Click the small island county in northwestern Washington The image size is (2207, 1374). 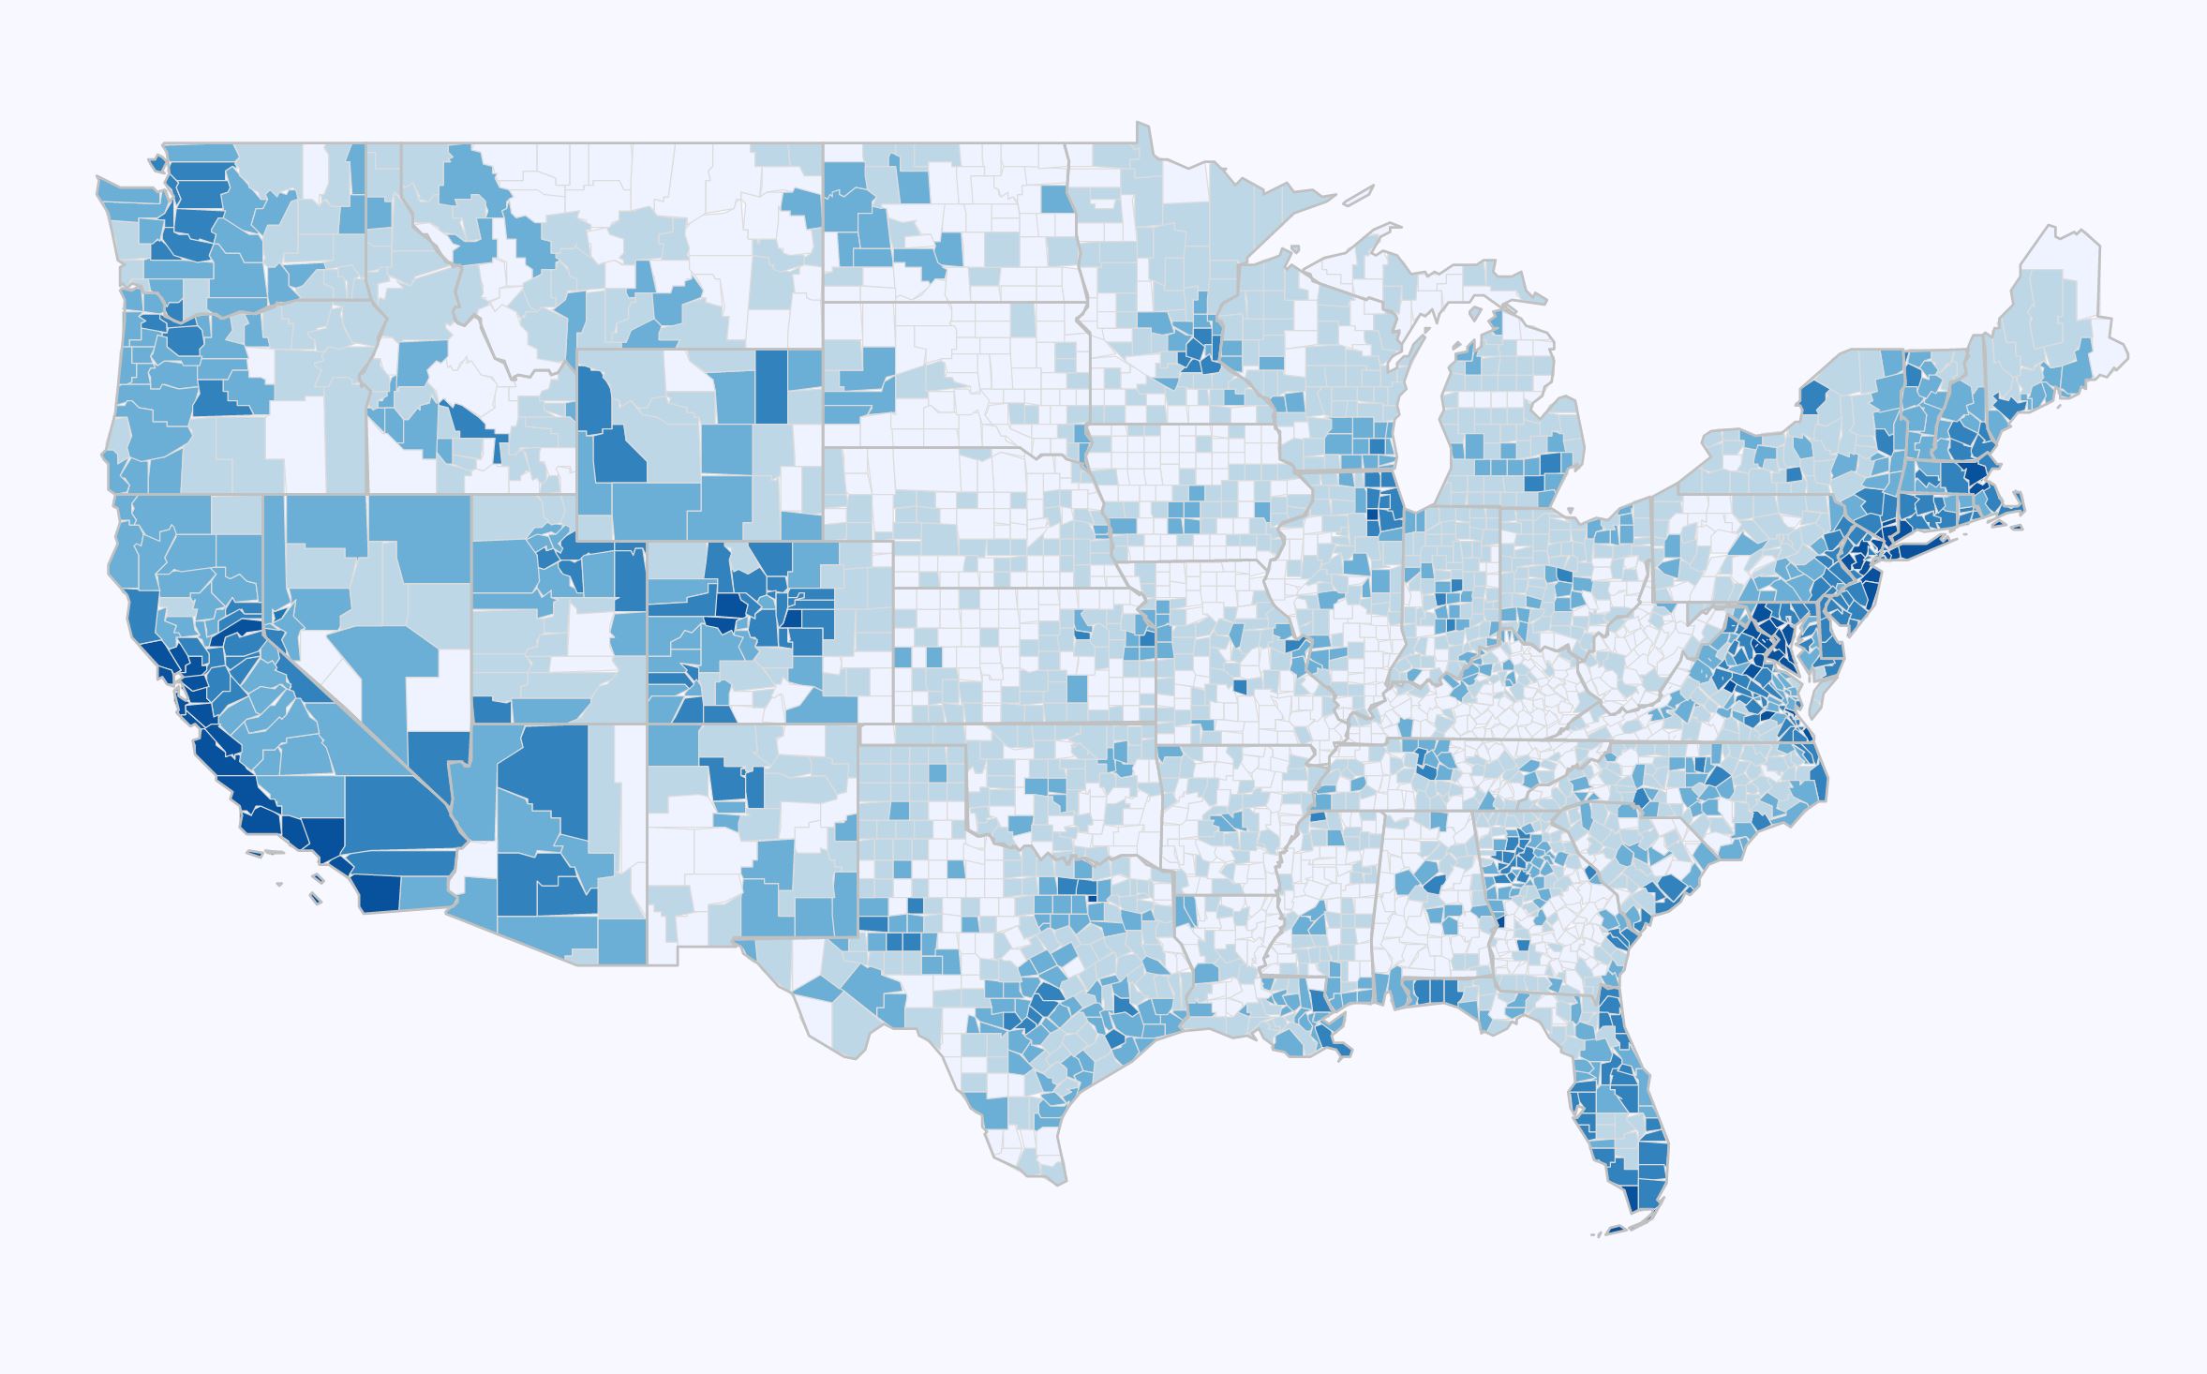tap(156, 161)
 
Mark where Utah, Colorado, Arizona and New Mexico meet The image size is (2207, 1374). tap(647, 724)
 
